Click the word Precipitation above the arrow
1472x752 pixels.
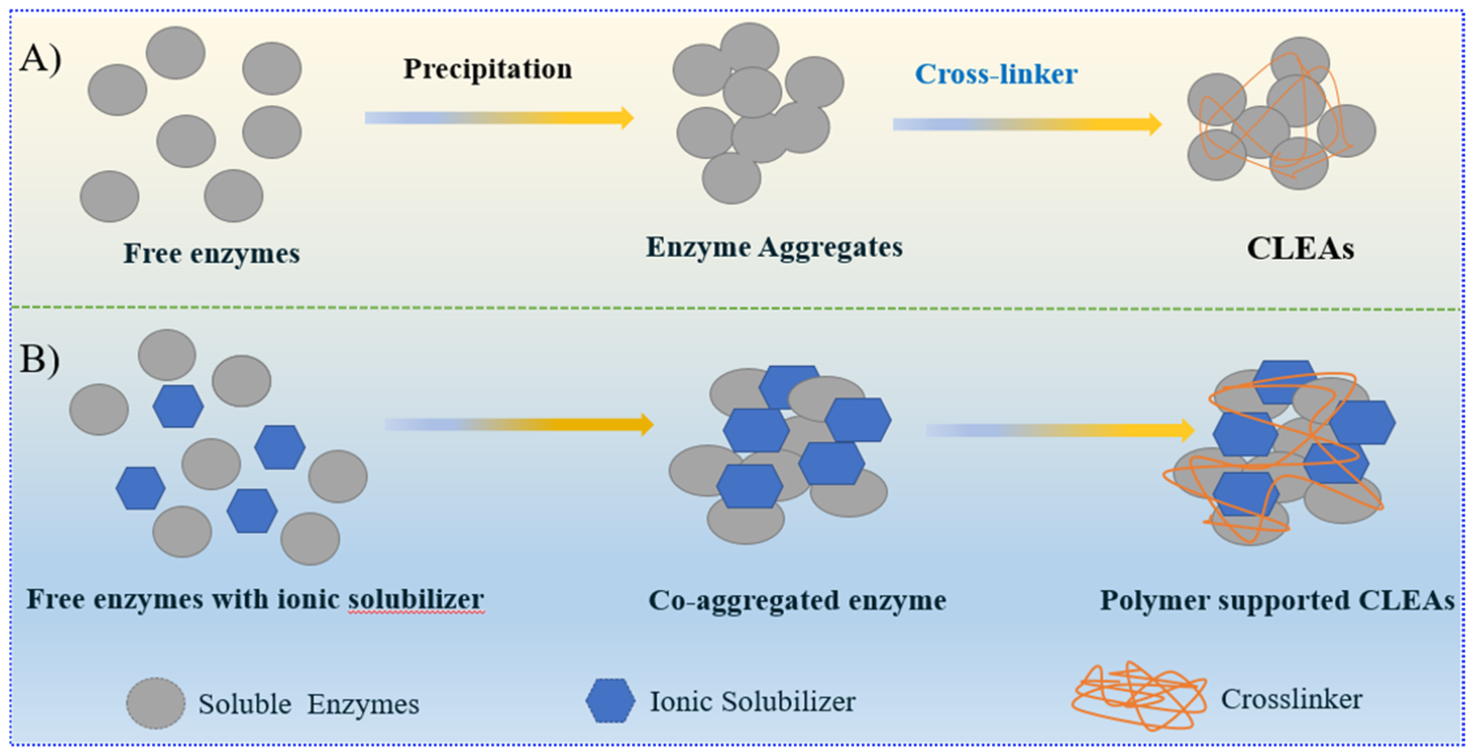pyautogui.click(x=487, y=69)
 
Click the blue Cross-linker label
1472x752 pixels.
pyautogui.click(x=996, y=74)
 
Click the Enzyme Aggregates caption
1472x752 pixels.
pyautogui.click(x=774, y=247)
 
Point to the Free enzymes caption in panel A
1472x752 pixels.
pyautogui.click(x=211, y=253)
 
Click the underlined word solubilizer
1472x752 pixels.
pyautogui.click(x=416, y=599)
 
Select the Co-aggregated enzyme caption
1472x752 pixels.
pyautogui.click(x=797, y=601)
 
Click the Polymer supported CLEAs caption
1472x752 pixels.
pyautogui.click(x=1277, y=601)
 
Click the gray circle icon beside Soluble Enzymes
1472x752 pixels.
pyautogui.click(x=155, y=703)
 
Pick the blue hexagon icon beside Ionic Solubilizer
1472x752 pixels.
pyautogui.click(x=610, y=701)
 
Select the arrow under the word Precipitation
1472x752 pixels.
pyautogui.click(x=499, y=118)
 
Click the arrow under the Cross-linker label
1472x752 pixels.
pyautogui.click(x=1027, y=124)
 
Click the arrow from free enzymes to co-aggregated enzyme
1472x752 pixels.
pyautogui.click(x=518, y=424)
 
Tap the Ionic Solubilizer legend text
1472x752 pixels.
pyautogui.click(x=752, y=702)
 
